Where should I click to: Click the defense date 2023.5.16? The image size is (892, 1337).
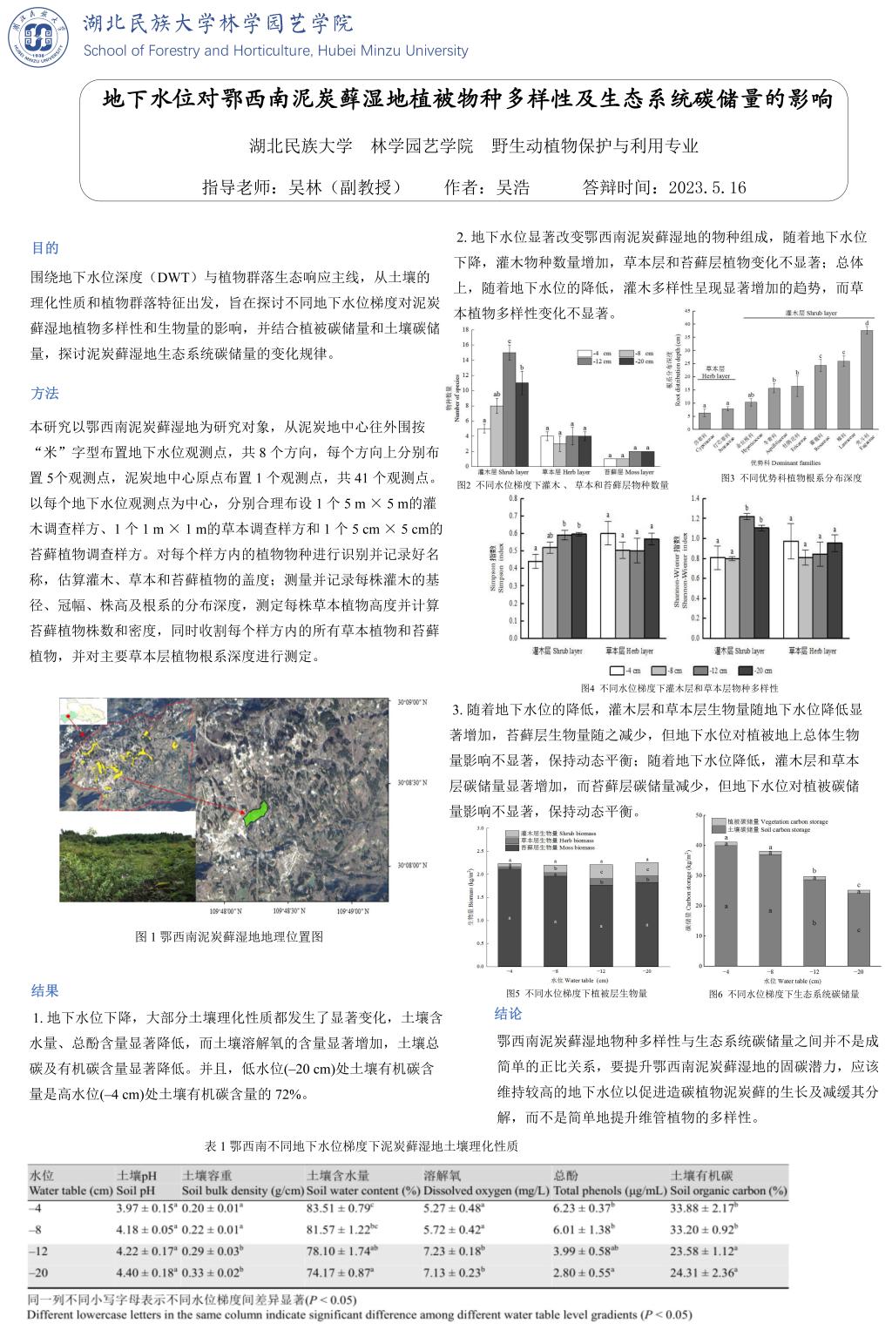click(706, 187)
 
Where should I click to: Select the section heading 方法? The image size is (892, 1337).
click(45, 394)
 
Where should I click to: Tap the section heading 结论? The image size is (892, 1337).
click(508, 1013)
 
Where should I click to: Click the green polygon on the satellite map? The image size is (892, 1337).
click(255, 813)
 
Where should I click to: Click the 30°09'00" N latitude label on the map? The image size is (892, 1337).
click(412, 701)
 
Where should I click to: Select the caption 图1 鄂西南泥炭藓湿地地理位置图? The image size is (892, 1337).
click(230, 936)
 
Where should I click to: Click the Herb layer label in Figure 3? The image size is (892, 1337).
click(716, 373)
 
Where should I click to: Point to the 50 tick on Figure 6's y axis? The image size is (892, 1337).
click(699, 814)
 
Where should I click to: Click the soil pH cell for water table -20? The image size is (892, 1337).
click(146, 1273)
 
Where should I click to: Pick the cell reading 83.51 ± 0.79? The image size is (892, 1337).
click(340, 1208)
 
